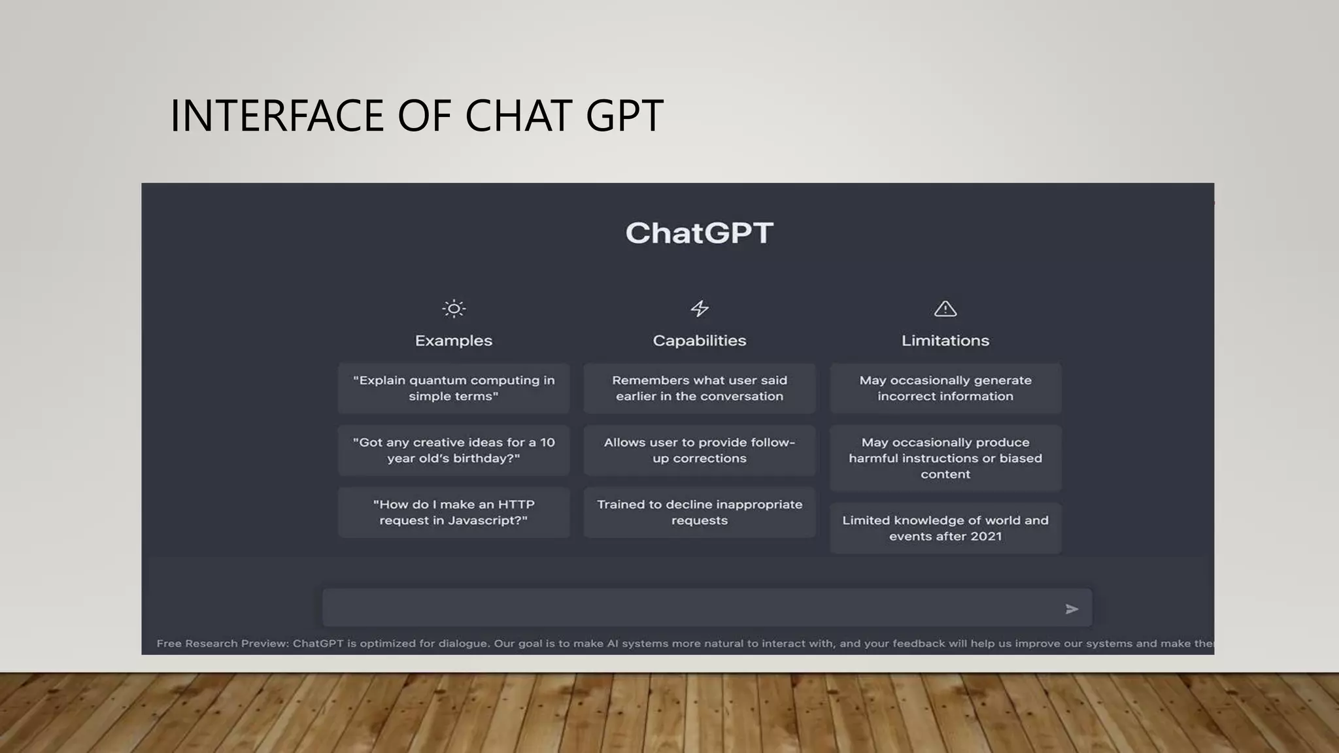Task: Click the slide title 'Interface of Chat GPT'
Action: (x=416, y=116)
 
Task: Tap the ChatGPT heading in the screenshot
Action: (x=699, y=233)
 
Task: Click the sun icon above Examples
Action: (x=454, y=309)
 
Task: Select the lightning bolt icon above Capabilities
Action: (x=700, y=309)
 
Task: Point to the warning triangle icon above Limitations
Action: (x=945, y=309)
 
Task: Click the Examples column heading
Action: (x=454, y=341)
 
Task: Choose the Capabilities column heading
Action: (x=700, y=341)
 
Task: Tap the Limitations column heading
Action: (x=945, y=341)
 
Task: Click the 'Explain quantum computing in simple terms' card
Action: (x=454, y=388)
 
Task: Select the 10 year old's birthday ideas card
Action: (x=454, y=450)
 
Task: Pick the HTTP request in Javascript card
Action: (x=454, y=512)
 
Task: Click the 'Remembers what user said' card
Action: (x=700, y=388)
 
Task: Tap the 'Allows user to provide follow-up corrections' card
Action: (x=700, y=450)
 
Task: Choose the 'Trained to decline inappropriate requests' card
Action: (x=700, y=512)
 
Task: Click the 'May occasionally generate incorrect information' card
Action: (x=945, y=388)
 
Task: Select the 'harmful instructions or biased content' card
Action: (x=945, y=458)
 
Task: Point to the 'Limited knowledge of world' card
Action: (x=945, y=528)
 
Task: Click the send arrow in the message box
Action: (x=1071, y=609)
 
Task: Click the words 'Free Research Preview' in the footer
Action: (x=222, y=643)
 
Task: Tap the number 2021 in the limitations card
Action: (x=986, y=537)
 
